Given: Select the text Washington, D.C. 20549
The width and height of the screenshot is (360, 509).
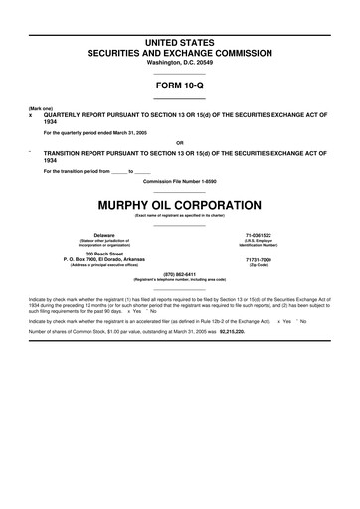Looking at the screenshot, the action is [x=180, y=62].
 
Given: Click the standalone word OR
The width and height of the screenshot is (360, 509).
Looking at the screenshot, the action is [x=180, y=142].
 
